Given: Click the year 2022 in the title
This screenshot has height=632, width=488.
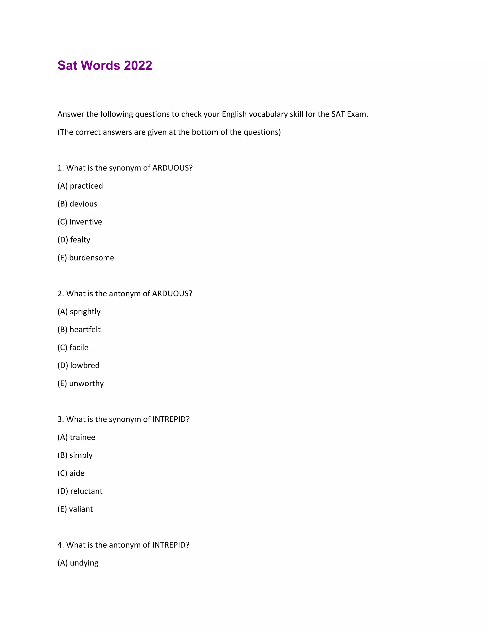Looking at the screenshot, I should (138, 65).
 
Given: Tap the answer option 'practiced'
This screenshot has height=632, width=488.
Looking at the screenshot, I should (86, 186).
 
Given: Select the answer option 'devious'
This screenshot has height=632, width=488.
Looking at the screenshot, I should (83, 204).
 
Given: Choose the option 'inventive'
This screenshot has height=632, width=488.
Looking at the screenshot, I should (86, 222).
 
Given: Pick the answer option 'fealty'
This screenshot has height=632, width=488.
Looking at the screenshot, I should (80, 240).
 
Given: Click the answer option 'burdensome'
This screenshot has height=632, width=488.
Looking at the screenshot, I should (91, 258).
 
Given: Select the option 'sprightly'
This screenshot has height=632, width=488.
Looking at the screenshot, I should (85, 311).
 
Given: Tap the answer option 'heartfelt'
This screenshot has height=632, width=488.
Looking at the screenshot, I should (85, 329).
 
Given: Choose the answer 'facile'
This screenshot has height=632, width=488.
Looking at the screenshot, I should (79, 347).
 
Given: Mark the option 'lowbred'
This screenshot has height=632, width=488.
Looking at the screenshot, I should (85, 365).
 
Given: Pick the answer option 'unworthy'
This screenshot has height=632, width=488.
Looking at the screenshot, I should (86, 383).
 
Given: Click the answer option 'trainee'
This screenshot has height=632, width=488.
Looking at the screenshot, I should (82, 437).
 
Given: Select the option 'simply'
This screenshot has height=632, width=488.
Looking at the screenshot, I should (81, 455).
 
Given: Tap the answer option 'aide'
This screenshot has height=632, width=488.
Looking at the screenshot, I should (77, 473).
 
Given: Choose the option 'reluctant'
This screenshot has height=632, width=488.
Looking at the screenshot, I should (86, 491).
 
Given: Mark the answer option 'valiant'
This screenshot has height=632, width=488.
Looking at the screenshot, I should (81, 509).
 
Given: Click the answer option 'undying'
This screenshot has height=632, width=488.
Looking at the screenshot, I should (84, 563).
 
